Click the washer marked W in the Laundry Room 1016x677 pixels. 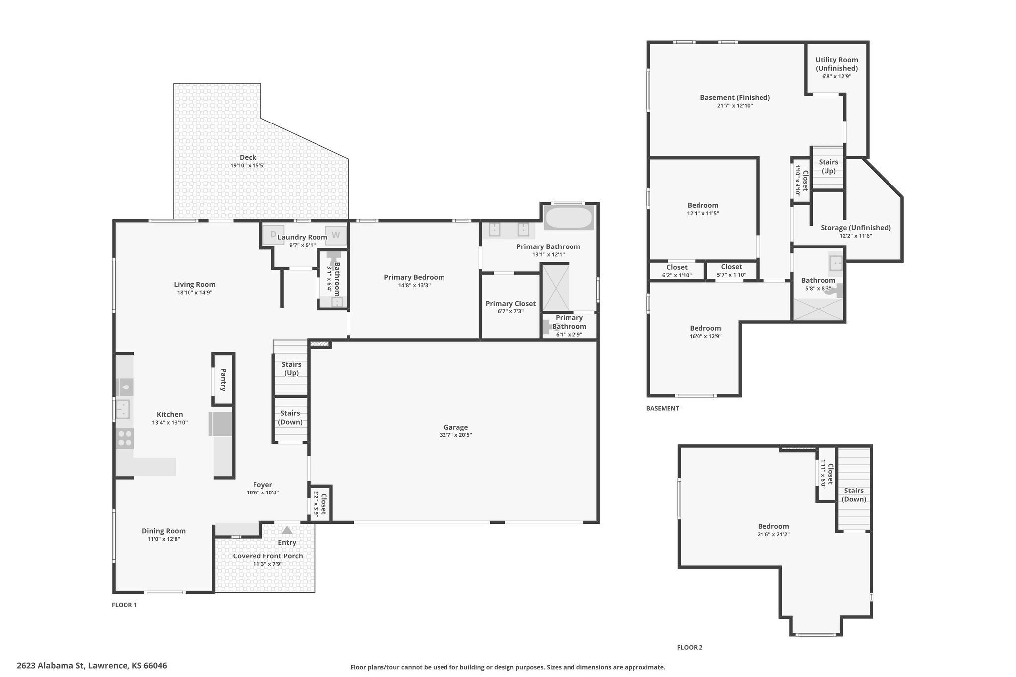(336, 235)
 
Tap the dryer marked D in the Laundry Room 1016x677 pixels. (273, 235)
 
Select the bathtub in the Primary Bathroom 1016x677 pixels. (569, 218)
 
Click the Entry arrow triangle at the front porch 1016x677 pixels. (287, 530)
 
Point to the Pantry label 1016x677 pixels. (223, 380)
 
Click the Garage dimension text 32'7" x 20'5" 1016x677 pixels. (455, 435)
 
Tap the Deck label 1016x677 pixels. (248, 157)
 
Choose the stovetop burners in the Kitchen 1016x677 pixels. (125, 438)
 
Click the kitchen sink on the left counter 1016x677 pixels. (123, 410)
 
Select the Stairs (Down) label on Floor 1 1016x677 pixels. (290, 417)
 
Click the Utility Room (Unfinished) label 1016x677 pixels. (836, 64)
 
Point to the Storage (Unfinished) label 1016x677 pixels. (856, 228)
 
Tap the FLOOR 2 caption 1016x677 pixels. (690, 647)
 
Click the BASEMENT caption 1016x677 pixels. (663, 408)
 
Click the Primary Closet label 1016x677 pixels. (510, 304)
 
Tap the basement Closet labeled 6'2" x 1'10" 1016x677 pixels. (677, 271)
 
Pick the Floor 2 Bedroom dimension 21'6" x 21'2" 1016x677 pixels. (773, 535)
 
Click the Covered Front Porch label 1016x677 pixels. (268, 556)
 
